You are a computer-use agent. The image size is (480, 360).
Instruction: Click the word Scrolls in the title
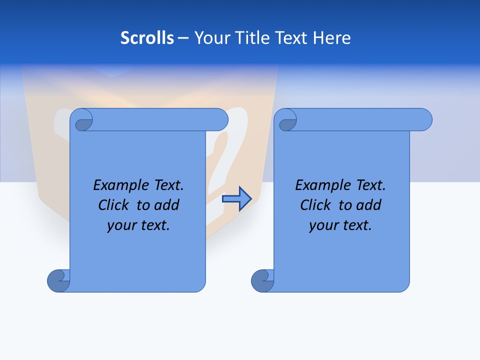pos(147,38)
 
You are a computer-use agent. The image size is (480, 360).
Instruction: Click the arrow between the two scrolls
pos(236,198)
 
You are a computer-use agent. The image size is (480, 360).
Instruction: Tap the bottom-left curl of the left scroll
pos(58,280)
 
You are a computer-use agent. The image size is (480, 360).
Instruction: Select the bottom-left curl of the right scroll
pos(262,280)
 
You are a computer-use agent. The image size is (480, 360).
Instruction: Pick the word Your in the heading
pos(210,38)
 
